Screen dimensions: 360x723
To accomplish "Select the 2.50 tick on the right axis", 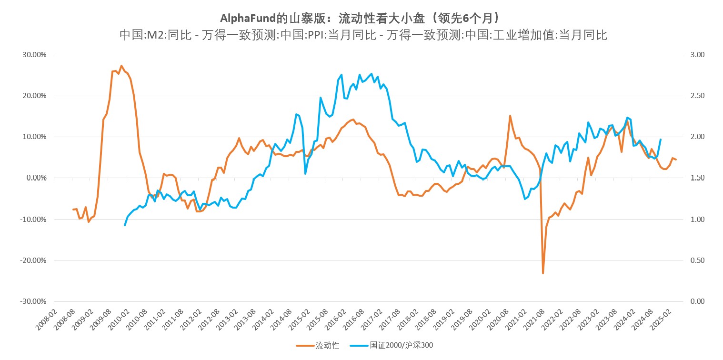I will point(697,96).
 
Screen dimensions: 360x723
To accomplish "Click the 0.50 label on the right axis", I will point(697,260).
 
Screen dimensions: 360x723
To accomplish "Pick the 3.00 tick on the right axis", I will point(697,55).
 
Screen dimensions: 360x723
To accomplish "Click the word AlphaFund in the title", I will point(248,18).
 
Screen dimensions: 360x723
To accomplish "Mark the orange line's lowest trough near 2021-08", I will point(543,273).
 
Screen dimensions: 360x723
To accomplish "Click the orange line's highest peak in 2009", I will point(121,66).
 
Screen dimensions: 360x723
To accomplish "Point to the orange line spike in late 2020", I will point(510,116).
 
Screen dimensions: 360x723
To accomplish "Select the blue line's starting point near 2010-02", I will point(125,225).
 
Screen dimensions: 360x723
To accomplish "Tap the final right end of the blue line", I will point(660,140).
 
